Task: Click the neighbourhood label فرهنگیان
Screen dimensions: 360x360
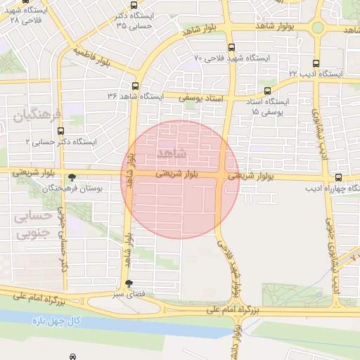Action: pos(39,115)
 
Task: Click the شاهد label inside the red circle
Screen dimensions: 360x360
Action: pos(172,153)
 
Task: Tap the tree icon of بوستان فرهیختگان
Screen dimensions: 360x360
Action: pos(72,177)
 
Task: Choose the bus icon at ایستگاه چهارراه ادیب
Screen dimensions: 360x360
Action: pos(338,177)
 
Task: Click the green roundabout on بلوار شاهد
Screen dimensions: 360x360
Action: pos(317,28)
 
